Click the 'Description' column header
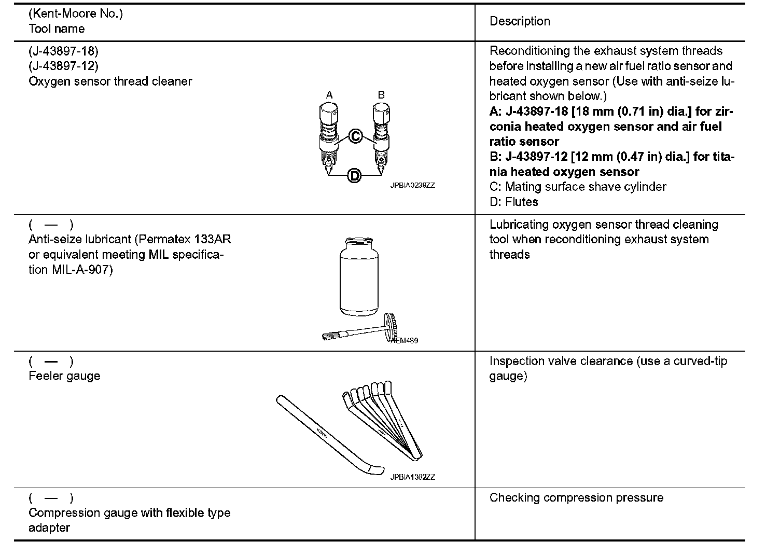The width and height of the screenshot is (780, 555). (520, 21)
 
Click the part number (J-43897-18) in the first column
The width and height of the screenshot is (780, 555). (63, 51)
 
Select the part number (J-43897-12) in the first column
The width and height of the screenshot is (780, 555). (63, 66)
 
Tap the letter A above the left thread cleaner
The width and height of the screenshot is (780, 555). (329, 95)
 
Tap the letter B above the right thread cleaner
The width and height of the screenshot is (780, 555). (381, 95)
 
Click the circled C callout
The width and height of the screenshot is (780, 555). (355, 136)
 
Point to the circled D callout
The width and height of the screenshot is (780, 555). (355, 176)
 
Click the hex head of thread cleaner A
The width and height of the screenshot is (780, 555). (329, 113)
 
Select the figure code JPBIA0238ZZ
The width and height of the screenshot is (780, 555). (412, 185)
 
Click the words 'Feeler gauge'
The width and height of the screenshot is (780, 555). (64, 376)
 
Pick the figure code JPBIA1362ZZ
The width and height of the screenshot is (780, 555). (412, 477)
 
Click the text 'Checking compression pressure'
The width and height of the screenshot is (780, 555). (576, 497)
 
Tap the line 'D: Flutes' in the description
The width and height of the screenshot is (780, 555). (513, 202)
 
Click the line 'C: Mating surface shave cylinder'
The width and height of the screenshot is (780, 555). (578, 187)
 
